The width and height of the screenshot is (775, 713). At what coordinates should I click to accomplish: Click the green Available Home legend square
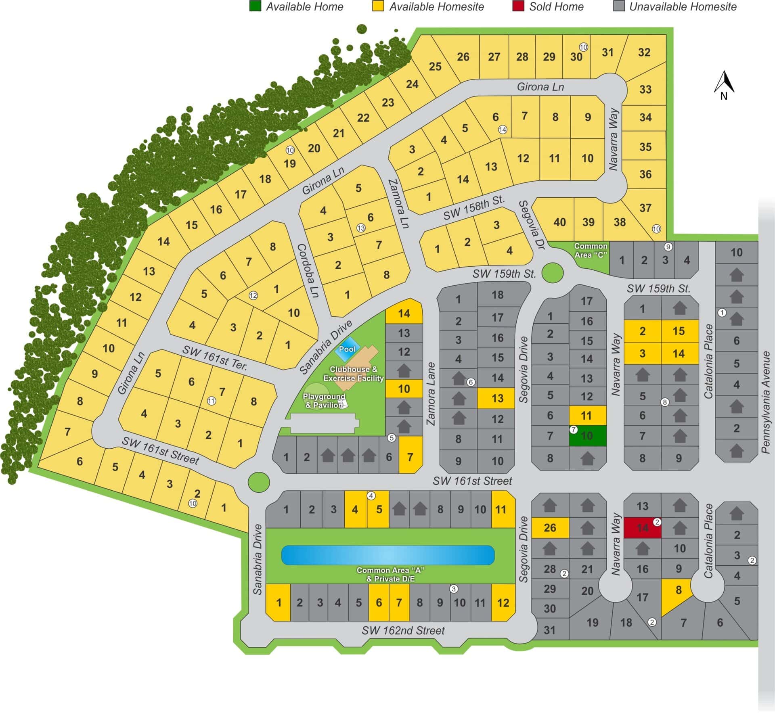[x=255, y=6]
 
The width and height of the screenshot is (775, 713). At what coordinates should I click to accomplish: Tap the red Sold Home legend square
[x=518, y=6]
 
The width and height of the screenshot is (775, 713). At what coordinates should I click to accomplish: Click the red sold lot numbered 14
[x=642, y=528]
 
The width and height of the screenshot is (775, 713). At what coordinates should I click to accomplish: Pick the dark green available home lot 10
[x=587, y=436]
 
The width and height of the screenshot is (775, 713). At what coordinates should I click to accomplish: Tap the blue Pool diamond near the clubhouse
[x=347, y=349]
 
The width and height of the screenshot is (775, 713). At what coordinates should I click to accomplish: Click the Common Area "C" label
[x=591, y=250]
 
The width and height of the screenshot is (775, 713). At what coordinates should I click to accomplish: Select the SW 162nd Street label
[x=403, y=630]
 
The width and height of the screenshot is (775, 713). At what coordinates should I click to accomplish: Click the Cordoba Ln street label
[x=308, y=270]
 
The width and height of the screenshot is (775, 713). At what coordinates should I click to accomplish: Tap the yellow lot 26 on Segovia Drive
[x=550, y=528]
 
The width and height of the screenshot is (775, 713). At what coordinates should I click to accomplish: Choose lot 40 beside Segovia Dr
[x=559, y=222]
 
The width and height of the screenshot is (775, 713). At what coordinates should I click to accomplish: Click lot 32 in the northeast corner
[x=644, y=52]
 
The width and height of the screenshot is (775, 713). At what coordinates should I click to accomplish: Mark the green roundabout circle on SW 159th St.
[x=552, y=273]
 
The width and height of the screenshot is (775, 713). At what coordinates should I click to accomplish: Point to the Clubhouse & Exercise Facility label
[x=353, y=374]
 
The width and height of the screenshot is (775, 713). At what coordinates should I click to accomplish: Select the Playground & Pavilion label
[x=325, y=401]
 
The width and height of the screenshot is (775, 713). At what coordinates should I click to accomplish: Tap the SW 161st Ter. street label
[x=214, y=358]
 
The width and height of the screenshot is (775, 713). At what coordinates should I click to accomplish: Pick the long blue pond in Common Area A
[x=387, y=555]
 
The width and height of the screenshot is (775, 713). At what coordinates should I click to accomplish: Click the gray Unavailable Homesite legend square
[x=619, y=6]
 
